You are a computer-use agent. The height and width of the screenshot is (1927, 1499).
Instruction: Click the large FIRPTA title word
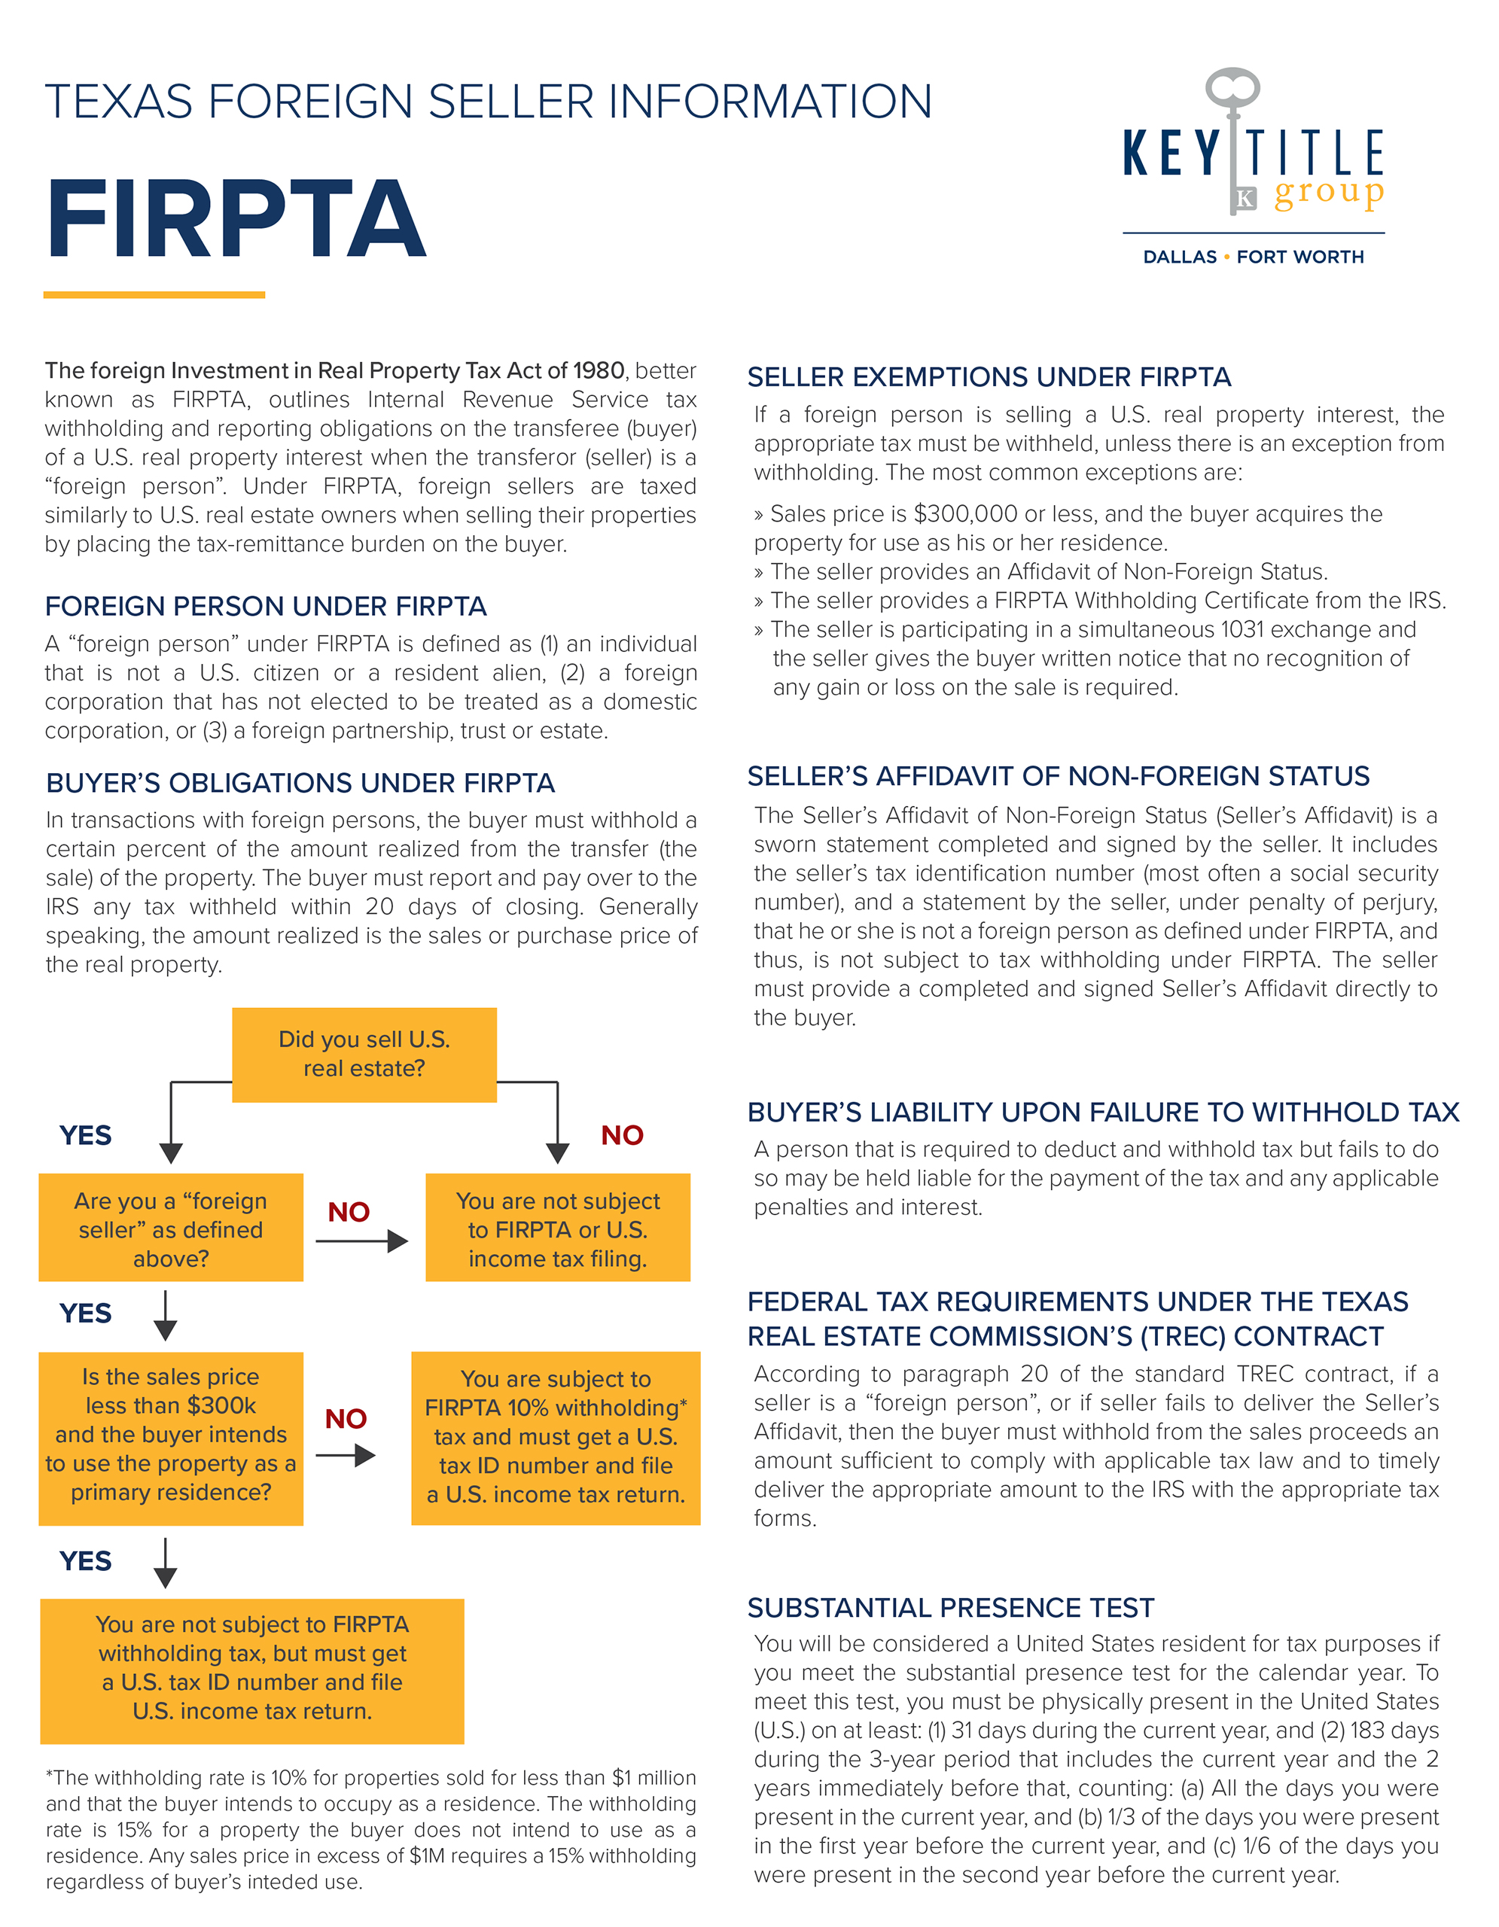pyautogui.click(x=236, y=218)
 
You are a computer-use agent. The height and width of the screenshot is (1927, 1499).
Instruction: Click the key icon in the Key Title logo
pyautogui.click(x=1233, y=132)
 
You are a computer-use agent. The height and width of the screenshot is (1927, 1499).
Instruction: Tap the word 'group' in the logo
pyautogui.click(x=1329, y=193)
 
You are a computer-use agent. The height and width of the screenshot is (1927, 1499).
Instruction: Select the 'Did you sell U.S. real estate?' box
pyautogui.click(x=364, y=1055)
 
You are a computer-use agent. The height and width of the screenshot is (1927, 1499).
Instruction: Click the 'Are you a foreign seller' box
pyautogui.click(x=171, y=1228)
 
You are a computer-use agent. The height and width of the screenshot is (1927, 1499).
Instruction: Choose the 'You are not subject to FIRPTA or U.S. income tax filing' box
pyautogui.click(x=558, y=1228)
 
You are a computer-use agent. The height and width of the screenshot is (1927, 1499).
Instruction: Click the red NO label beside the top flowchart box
pyautogui.click(x=622, y=1136)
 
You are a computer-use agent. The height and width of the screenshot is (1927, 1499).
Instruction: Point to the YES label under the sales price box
pyautogui.click(x=86, y=1561)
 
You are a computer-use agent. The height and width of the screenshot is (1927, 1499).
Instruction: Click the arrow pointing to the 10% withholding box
pyautogui.click(x=346, y=1455)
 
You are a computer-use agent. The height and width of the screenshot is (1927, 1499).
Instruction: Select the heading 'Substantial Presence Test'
pyautogui.click(x=950, y=1608)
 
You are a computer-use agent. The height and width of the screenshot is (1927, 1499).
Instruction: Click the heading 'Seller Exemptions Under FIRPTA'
pyautogui.click(x=989, y=378)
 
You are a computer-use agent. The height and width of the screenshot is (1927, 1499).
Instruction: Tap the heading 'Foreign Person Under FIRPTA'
pyautogui.click(x=266, y=607)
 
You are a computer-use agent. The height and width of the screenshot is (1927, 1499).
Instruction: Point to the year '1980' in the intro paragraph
pyautogui.click(x=599, y=370)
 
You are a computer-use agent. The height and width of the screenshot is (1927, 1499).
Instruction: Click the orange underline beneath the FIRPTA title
pyautogui.click(x=154, y=295)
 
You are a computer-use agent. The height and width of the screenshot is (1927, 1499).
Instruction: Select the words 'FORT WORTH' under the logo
pyautogui.click(x=1299, y=257)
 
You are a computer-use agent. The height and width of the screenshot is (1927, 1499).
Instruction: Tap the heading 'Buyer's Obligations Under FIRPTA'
pyautogui.click(x=300, y=784)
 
